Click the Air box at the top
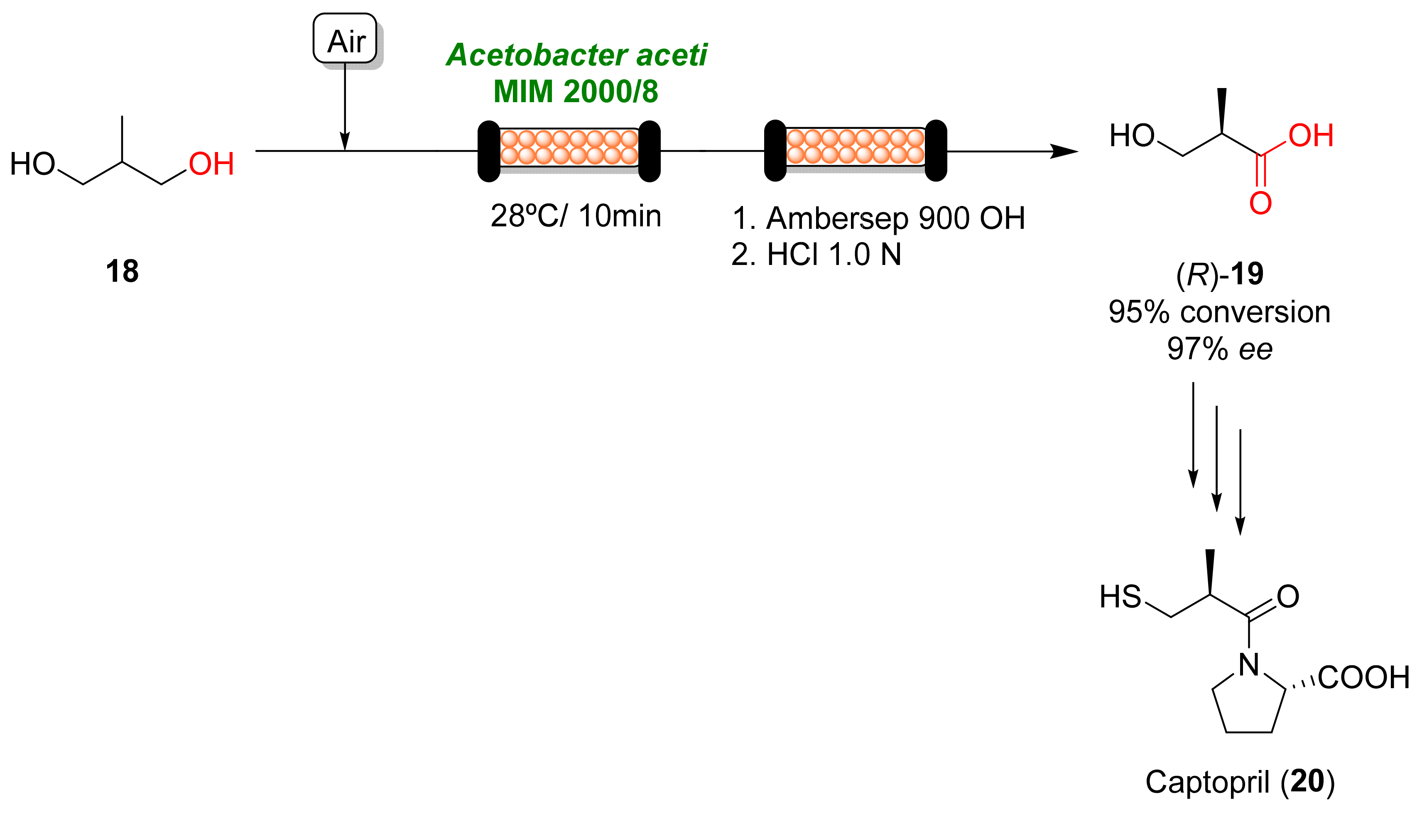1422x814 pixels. pyautogui.click(x=345, y=39)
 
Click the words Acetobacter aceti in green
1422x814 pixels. pyautogui.click(x=576, y=55)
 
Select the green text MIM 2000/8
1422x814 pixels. pyautogui.click(x=576, y=92)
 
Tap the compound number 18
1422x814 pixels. pyautogui.click(x=122, y=272)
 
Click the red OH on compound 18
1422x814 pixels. pyautogui.click(x=211, y=164)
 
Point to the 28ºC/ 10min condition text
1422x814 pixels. pyautogui.click(x=576, y=216)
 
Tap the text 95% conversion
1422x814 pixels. pyautogui.click(x=1220, y=312)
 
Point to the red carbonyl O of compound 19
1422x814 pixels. pyautogui.click(x=1260, y=203)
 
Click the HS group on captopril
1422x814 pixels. pyautogui.click(x=1120, y=597)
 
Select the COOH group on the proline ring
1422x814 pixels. pyautogui.click(x=1363, y=678)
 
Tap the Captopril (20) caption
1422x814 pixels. pyautogui.click(x=1240, y=782)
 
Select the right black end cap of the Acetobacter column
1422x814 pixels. pyautogui.click(x=649, y=151)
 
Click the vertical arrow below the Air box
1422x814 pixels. pyautogui.click(x=345, y=106)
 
